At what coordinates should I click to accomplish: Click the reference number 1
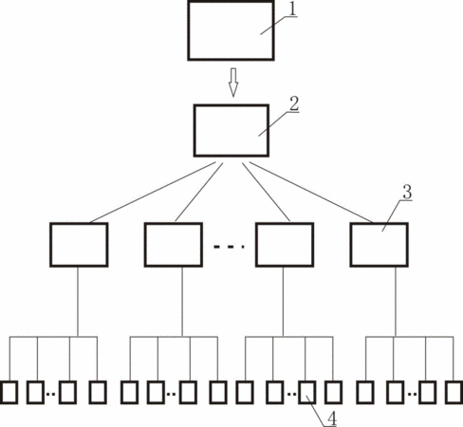coord(293,9)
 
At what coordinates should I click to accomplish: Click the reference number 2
coord(294,103)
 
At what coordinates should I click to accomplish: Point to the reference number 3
coord(407,192)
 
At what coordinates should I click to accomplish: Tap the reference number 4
coord(332,419)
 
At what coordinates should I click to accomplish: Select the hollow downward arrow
coord(233,83)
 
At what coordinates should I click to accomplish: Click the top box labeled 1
coord(231,30)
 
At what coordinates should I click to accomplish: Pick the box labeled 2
coord(231,130)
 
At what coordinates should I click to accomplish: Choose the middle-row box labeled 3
coord(380,245)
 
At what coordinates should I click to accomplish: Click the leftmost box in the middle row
coord(79,245)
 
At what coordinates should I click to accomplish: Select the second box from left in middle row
coord(174,245)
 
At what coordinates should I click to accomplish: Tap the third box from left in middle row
coord(285,245)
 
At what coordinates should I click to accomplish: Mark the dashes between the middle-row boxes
coord(229,247)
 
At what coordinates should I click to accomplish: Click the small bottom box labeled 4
coord(307,393)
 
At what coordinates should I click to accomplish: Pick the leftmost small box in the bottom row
coord(9,393)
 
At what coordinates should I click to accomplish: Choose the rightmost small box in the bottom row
coord(454,393)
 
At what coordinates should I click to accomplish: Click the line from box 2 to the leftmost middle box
coord(153,193)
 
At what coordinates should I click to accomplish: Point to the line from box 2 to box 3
coord(311,193)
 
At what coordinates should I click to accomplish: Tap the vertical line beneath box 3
coord(396,302)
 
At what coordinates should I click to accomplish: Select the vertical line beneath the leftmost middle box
coord(78,302)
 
